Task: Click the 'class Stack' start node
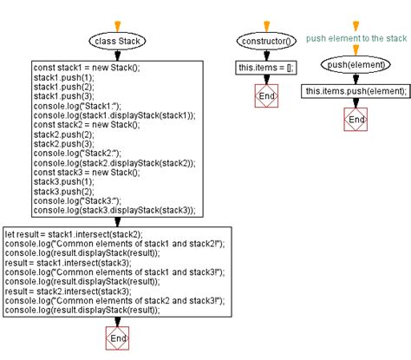pyautogui.click(x=117, y=41)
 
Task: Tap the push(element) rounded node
pyautogui.click(x=356, y=64)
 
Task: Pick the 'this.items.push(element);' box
pyautogui.click(x=356, y=91)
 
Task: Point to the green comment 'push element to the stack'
pyautogui.click(x=356, y=38)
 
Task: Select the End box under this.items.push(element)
pyautogui.click(x=356, y=119)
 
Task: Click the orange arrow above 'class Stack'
pyautogui.click(x=117, y=26)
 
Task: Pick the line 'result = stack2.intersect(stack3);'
pyautogui.click(x=78, y=291)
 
